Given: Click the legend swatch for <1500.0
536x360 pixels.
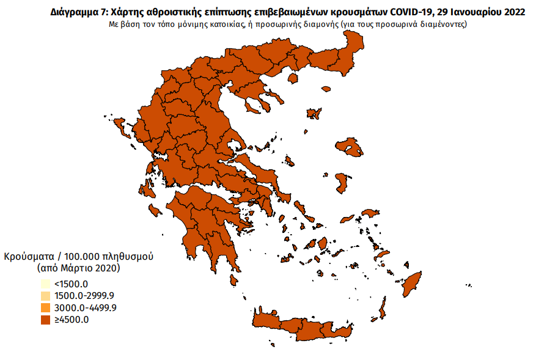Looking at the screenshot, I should [x=45, y=284].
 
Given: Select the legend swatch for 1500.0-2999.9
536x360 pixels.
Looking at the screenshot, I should [x=45, y=296].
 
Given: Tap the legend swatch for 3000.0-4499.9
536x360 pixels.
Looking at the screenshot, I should [x=45, y=307].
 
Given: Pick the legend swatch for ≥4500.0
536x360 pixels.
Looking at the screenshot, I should [x=45, y=319].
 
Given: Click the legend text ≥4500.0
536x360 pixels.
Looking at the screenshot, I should [x=71, y=319].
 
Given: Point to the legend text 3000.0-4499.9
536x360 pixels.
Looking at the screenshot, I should [x=84, y=307].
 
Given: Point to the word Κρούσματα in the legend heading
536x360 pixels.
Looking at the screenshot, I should [x=30, y=256].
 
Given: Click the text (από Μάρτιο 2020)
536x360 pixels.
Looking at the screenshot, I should [x=78, y=268].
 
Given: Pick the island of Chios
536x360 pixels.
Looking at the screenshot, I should [x=343, y=183].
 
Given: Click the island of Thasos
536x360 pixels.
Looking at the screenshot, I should [x=293, y=78].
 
